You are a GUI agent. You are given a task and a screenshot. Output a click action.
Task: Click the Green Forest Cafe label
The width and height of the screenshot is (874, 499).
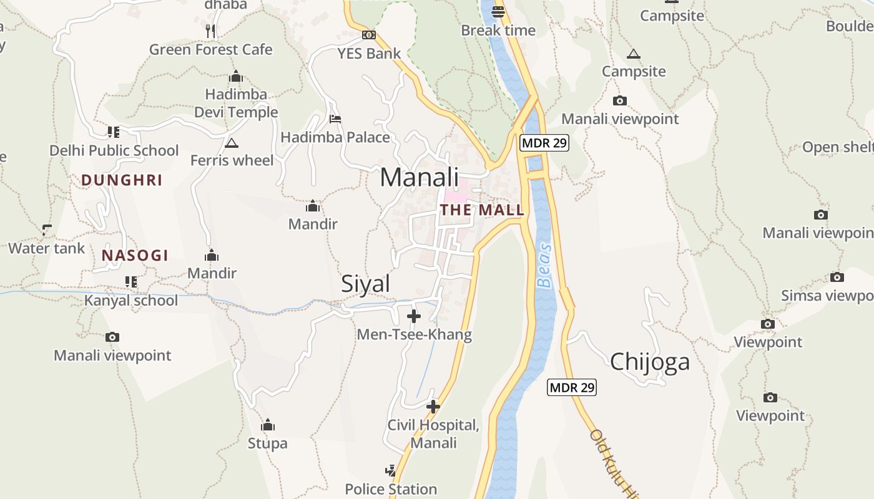click(x=210, y=49)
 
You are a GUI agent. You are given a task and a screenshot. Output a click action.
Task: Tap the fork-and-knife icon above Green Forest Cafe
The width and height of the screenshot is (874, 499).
click(x=210, y=31)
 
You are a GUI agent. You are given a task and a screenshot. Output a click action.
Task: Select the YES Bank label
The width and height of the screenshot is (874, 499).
click(x=369, y=53)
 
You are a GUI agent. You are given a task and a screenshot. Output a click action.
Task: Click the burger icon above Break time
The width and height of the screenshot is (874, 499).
click(x=498, y=11)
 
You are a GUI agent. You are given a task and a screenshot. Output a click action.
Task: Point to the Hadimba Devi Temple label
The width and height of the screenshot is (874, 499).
click(x=236, y=103)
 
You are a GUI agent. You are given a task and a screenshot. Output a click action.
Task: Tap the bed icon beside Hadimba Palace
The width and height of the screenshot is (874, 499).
click(x=335, y=119)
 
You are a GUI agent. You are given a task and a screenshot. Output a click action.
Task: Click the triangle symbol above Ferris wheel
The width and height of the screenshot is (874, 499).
click(x=232, y=143)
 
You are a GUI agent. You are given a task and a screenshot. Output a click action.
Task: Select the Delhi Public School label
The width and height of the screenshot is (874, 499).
click(x=114, y=150)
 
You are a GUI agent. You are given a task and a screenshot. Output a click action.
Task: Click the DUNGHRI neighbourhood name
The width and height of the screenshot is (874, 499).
click(x=122, y=180)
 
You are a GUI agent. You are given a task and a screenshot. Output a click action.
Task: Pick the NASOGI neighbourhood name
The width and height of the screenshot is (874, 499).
click(x=135, y=255)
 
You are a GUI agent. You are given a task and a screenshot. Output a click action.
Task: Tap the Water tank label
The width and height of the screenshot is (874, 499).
click(x=46, y=248)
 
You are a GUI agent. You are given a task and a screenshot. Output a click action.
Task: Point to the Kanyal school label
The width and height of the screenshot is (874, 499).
click(x=131, y=300)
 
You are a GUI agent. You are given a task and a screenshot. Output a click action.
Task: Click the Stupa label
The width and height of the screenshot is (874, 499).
click(x=268, y=443)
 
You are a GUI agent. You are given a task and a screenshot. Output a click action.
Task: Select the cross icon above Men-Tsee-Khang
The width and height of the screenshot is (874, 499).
click(x=413, y=316)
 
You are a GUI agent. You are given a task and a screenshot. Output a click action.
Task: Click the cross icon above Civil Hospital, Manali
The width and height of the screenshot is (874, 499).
click(x=433, y=407)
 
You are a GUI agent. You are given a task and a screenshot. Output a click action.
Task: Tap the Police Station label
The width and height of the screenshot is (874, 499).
click(x=391, y=488)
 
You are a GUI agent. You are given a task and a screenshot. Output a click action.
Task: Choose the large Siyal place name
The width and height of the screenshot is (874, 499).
click(x=365, y=284)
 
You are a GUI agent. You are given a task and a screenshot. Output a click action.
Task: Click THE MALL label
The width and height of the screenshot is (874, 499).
click(x=482, y=210)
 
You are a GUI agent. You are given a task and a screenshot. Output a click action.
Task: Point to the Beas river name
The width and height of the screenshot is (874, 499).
click(x=545, y=265)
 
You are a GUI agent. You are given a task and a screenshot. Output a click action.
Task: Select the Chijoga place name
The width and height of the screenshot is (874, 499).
click(x=650, y=362)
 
